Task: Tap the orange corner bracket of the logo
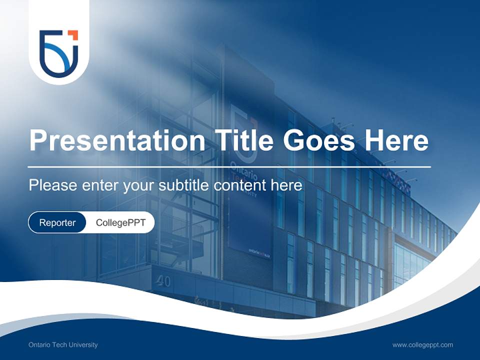pyautogui.click(x=73, y=34)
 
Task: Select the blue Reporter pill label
pyautogui.click(x=57, y=222)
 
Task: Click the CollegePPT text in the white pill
pyautogui.click(x=120, y=222)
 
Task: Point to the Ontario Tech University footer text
pyautogui.click(x=63, y=345)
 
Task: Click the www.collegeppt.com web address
pyautogui.click(x=422, y=345)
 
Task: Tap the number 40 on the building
pyautogui.click(x=163, y=281)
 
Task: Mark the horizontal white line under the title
pyautogui.click(x=229, y=166)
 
